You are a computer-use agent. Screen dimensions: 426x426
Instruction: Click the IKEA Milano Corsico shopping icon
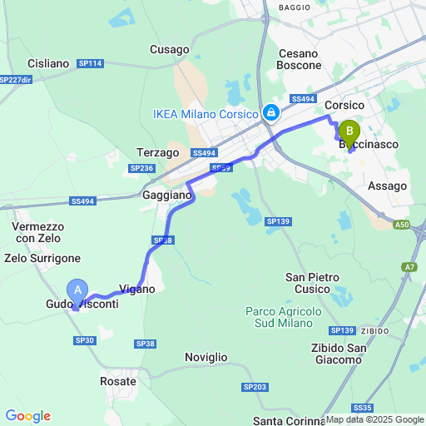(270, 113)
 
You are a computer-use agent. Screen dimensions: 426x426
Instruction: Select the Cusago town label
(170, 50)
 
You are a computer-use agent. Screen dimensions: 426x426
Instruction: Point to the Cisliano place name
(47, 63)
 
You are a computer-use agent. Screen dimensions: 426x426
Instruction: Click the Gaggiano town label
(167, 195)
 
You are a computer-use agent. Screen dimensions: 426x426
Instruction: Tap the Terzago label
(157, 153)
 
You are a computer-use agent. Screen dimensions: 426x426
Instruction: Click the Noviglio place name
(206, 357)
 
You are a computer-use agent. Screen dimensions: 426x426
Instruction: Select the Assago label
(387, 186)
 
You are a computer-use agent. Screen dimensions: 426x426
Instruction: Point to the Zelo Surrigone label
(42, 259)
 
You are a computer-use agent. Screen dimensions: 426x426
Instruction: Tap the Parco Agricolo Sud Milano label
(284, 316)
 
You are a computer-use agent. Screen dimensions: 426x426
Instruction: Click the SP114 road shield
(90, 63)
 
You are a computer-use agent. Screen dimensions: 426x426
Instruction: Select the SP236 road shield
(141, 168)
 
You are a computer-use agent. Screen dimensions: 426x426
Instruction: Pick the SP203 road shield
(255, 387)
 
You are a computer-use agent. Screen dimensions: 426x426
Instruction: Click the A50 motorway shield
(403, 224)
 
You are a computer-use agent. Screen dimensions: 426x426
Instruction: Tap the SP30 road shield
(85, 340)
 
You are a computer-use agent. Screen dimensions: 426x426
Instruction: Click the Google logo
(27, 416)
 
